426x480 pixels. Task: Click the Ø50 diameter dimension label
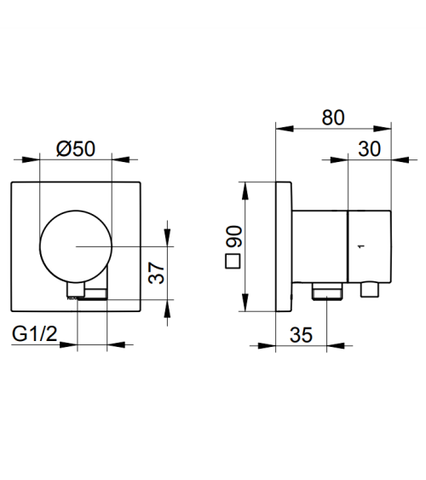tap(76, 149)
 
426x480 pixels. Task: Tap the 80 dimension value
tap(333, 118)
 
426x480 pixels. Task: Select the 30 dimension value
tap(370, 149)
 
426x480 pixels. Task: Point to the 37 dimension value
tap(157, 273)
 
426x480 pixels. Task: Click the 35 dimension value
tap(302, 335)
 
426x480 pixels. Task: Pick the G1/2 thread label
tap(35, 333)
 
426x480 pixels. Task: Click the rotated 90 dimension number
tap(234, 236)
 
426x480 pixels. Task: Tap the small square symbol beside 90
tap(233, 261)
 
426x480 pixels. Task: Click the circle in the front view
tap(76, 211)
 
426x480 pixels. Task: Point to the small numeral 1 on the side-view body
tap(362, 246)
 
